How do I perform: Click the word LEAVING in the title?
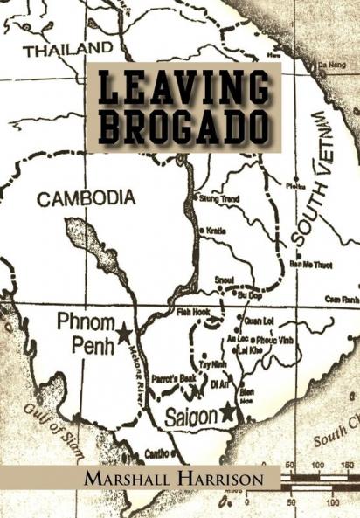click(x=183, y=87)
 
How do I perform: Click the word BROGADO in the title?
click(x=183, y=127)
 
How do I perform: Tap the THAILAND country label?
click(x=69, y=50)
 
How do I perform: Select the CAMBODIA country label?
click(x=86, y=198)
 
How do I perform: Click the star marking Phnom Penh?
click(x=124, y=333)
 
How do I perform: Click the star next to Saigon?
click(x=229, y=410)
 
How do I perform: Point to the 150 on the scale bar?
click(x=347, y=466)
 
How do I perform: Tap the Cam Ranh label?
click(x=342, y=298)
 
